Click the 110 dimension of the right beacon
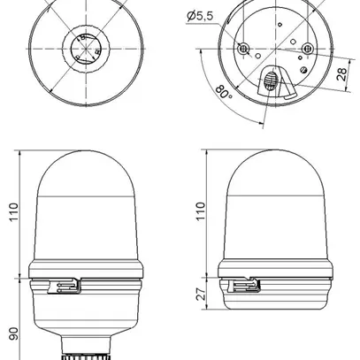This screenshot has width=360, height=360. pyautogui.click(x=201, y=213)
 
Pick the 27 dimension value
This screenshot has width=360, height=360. pyautogui.click(x=201, y=294)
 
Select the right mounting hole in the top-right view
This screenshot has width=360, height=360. pyautogui.click(x=306, y=47)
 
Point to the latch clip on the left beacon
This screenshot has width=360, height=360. pyautogui.click(x=69, y=286)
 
